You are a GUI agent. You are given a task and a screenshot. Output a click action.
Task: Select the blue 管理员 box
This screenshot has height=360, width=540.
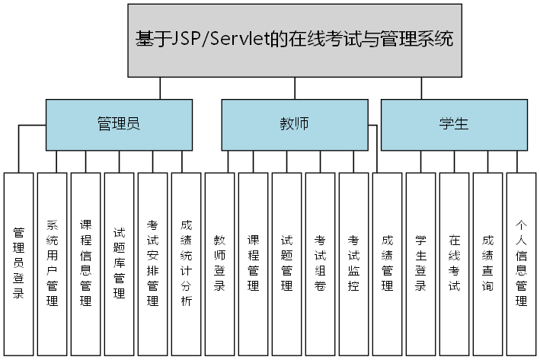118,124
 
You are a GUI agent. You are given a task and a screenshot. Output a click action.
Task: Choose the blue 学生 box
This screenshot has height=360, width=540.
454,124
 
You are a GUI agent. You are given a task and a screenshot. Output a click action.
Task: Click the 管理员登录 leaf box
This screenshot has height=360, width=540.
19,263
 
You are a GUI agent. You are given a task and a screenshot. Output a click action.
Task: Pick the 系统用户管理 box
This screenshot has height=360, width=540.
53,263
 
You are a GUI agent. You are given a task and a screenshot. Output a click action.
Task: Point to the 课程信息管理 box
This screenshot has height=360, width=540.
86,263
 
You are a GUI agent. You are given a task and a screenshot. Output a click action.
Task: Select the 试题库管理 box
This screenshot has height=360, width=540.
120,263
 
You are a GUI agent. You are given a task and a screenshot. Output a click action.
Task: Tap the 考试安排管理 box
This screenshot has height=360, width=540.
153,263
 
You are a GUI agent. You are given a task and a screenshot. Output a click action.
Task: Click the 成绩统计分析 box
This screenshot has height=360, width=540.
187,263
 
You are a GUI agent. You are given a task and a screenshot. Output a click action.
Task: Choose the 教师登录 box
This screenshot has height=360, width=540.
220,263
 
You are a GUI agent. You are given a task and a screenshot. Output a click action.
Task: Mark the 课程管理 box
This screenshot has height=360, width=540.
254,263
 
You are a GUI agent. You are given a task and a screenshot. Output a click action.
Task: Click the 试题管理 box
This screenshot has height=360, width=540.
287,263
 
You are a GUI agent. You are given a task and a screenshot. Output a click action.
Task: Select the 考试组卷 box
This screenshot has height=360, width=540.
321,263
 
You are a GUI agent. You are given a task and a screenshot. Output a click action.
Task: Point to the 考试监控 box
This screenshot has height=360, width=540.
354,263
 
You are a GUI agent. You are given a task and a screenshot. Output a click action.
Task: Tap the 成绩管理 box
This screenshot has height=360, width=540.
388,263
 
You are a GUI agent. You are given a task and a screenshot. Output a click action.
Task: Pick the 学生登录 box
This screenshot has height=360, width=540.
421,263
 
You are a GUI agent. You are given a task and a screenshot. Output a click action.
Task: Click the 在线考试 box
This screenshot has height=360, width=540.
455,263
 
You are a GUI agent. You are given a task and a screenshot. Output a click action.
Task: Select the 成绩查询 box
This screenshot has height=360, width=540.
488,263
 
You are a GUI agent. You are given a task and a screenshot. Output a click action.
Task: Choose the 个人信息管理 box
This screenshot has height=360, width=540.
522,263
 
